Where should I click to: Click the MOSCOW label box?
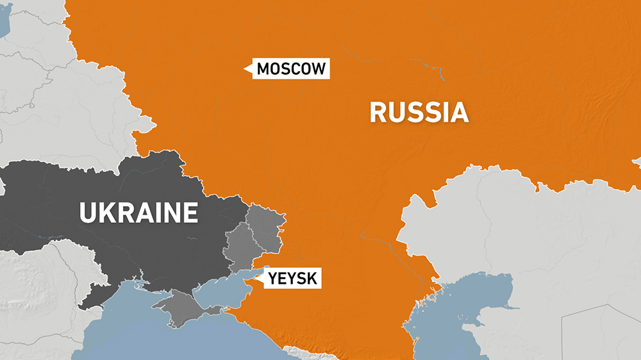[292, 69]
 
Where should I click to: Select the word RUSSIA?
[419, 113]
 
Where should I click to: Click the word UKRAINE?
[138, 212]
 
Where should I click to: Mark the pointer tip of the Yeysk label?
[256, 278]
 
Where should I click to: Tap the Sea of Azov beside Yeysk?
[221, 288]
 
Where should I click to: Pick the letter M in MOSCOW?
[263, 69]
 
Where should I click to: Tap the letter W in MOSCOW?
[319, 69]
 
